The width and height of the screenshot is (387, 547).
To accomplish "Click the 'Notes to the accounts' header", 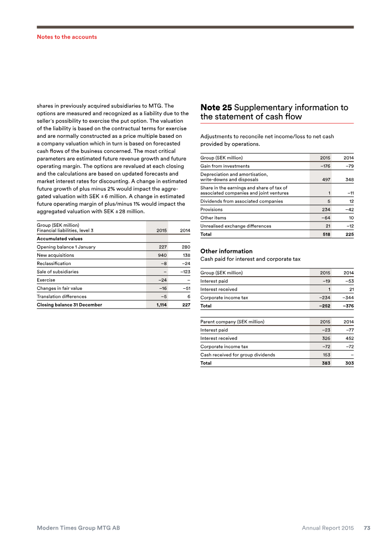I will [67, 37].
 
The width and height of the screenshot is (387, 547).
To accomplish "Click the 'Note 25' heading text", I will [216, 107].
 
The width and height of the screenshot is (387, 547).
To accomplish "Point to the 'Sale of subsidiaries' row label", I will [58, 271].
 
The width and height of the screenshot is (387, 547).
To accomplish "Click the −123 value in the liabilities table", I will [182, 271].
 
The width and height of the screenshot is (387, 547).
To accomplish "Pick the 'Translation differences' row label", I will [61, 296].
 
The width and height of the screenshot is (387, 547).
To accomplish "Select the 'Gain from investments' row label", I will [225, 166].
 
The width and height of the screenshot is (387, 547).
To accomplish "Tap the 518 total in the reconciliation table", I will [326, 234].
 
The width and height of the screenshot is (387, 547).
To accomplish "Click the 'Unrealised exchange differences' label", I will [236, 226].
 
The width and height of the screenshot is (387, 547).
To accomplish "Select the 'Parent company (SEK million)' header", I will [232, 322].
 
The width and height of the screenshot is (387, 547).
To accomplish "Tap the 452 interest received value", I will [348, 339].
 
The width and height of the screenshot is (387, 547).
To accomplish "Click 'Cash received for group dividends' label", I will [238, 355].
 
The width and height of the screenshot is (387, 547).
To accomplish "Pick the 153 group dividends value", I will [327, 355].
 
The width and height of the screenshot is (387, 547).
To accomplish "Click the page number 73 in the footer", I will [367, 528].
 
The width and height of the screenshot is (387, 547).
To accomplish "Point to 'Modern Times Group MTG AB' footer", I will [78, 528].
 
